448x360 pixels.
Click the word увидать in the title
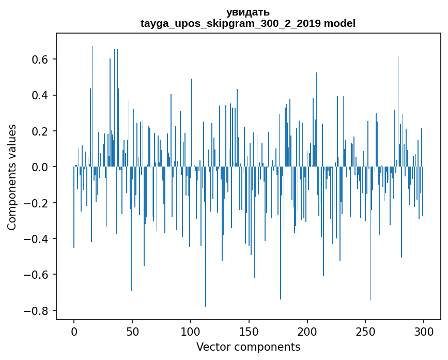coord(248,12)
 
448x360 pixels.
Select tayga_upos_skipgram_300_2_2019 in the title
coord(230,24)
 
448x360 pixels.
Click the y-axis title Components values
coord(12,177)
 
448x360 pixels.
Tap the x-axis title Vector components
coord(248,347)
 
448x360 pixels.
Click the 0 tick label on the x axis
coord(74,331)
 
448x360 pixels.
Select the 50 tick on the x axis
coord(132,331)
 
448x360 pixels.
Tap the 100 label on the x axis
coord(191,331)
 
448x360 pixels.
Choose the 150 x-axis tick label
coord(249,331)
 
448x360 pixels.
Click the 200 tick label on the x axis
coord(307,331)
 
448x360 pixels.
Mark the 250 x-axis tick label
coord(366,331)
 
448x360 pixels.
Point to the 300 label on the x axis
coord(424,331)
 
